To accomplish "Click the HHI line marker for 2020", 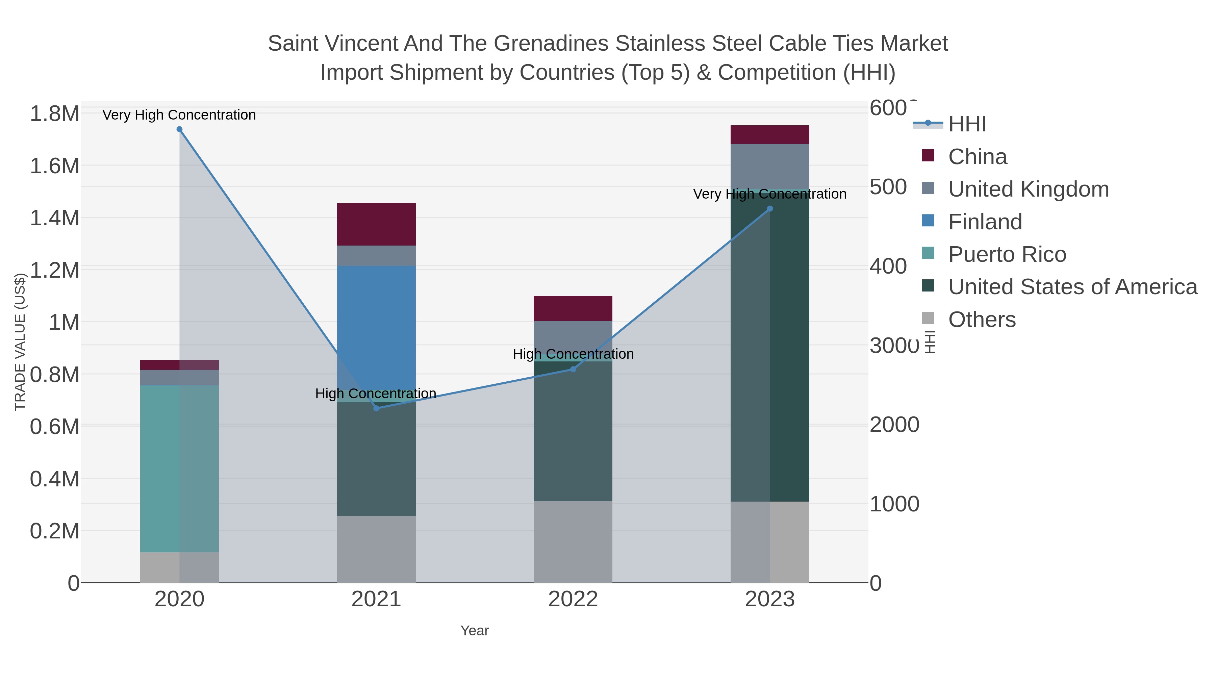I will (x=179, y=129).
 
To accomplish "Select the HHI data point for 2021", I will (x=376, y=408).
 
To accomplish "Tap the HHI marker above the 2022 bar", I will (x=573, y=369).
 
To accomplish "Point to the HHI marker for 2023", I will (x=770, y=209).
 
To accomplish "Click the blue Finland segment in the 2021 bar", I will (x=376, y=326).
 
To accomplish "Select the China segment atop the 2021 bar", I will (x=376, y=224).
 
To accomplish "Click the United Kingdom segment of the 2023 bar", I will (x=770, y=166).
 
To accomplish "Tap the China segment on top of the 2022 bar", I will (x=573, y=308).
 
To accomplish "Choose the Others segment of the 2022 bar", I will (x=573, y=541).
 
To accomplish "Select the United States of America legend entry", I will (x=1072, y=287).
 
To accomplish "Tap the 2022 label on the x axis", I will (x=573, y=600).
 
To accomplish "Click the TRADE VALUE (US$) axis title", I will (x=20, y=342).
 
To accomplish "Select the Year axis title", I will (x=475, y=631).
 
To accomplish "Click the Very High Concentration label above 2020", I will (x=179, y=115).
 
